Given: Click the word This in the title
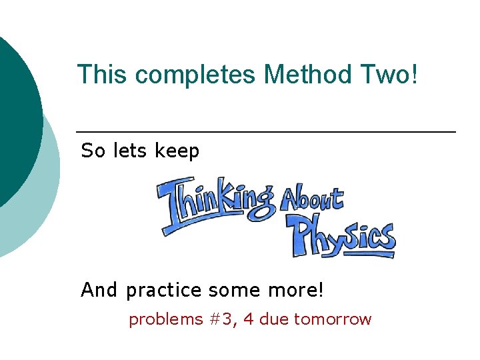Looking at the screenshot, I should click(x=102, y=75).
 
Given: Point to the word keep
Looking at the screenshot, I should click(x=177, y=152).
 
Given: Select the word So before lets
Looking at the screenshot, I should click(x=93, y=151).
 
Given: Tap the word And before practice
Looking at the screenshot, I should click(x=99, y=290).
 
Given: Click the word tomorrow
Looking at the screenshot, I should click(x=332, y=319).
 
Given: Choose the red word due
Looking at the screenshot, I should click(x=273, y=319).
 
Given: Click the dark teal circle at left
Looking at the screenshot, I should click(x=17, y=113).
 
